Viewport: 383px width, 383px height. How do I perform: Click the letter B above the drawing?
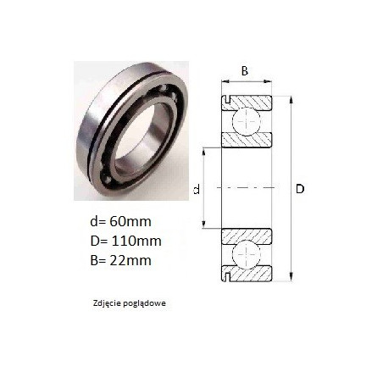(245, 71)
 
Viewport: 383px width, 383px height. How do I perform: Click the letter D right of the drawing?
(300, 189)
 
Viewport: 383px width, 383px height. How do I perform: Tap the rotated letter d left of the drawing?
(197, 189)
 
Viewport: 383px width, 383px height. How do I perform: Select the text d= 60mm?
(120, 221)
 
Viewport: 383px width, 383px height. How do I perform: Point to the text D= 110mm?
(126, 241)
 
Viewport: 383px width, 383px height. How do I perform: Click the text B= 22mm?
(120, 260)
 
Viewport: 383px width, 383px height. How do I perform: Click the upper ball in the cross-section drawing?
(246, 122)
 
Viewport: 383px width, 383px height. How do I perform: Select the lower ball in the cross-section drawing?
(246, 254)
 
